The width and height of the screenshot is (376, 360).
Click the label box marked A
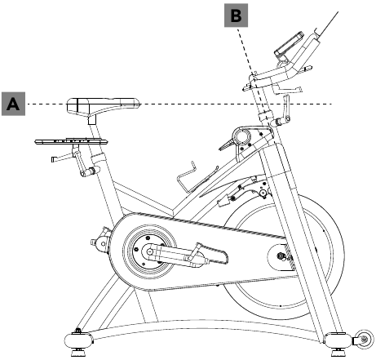13,104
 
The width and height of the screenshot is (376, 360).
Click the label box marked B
236,16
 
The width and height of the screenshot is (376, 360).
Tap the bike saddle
103,106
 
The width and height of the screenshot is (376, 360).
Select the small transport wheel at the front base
363,340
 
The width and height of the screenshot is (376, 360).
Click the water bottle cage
197,177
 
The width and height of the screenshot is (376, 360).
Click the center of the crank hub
149,251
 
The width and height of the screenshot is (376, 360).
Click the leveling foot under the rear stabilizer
78,353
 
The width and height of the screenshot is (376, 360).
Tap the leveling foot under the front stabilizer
338,353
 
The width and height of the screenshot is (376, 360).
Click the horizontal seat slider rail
71,141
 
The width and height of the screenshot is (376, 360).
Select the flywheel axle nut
280,256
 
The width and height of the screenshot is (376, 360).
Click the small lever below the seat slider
63,158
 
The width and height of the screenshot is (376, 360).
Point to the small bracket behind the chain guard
100,238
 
